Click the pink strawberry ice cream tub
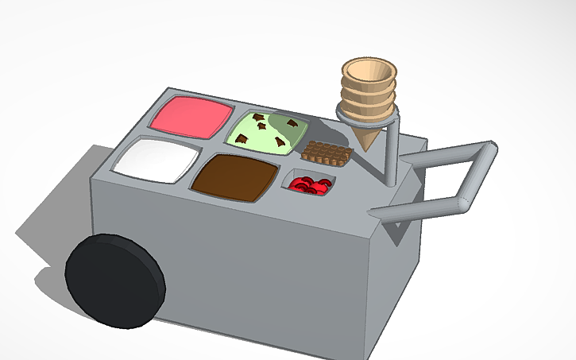(191, 116)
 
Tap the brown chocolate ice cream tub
(236, 175)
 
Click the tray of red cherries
(310, 185)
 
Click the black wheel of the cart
(113, 281)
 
